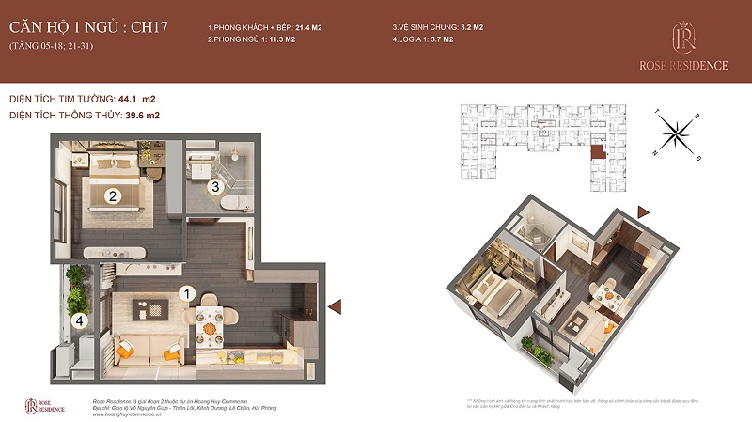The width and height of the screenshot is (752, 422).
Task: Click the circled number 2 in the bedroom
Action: (112, 196)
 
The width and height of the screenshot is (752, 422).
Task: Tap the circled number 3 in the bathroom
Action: (215, 186)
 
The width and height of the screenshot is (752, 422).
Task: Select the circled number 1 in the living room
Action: (186, 294)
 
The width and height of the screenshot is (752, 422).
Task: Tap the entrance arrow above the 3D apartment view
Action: (643, 211)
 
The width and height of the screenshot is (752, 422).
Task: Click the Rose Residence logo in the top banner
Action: (683, 43)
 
